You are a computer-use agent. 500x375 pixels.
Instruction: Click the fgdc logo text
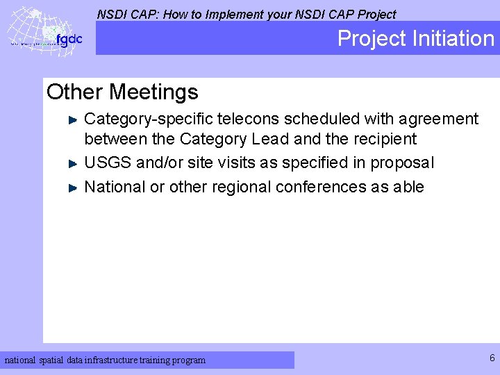(x=69, y=40)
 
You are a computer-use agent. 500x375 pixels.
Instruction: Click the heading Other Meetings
(x=122, y=92)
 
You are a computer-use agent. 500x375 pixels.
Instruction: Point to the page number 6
(x=492, y=358)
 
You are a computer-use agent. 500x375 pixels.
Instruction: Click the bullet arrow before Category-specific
(x=76, y=119)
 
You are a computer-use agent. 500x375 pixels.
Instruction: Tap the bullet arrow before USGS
(x=76, y=163)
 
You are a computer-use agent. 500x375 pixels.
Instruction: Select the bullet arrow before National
(x=76, y=187)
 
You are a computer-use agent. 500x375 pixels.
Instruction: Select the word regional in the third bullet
(x=241, y=187)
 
